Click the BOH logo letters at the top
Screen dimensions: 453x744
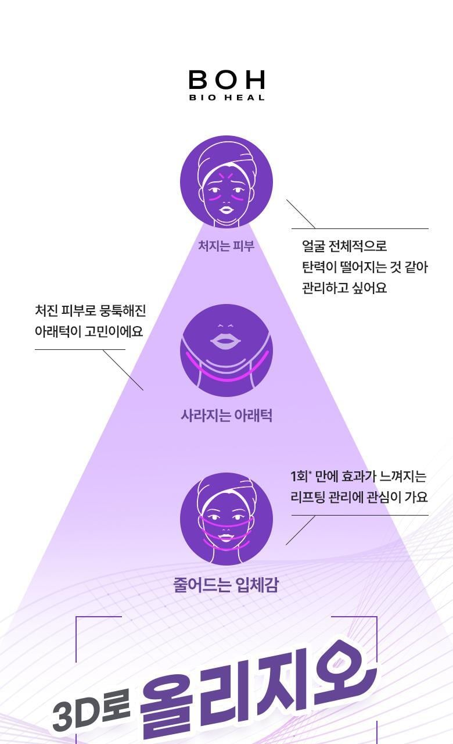[227, 80]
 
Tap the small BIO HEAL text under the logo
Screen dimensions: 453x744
[227, 98]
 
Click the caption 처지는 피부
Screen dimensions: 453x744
[227, 246]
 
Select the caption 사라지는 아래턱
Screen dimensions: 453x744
[227, 415]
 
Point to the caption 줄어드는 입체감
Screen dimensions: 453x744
[227, 585]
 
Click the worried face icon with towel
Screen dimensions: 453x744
[227, 182]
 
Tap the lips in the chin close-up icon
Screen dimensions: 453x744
[227, 342]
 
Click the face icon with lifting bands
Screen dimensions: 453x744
[227, 519]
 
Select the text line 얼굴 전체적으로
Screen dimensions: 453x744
[344, 246]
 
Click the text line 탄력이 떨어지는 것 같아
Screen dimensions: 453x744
[365, 267]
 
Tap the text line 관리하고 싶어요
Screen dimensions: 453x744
[344, 288]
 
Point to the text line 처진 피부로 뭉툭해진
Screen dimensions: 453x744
[90, 310]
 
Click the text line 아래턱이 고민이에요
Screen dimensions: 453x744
[89, 331]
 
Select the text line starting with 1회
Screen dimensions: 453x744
[358, 476]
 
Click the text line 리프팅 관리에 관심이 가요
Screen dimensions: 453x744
[359, 497]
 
